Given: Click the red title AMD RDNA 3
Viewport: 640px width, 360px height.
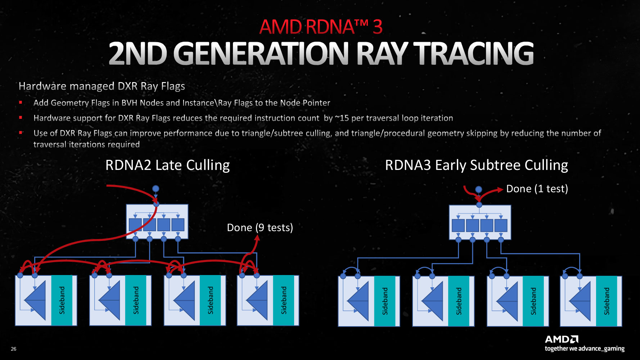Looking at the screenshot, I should point(320,27).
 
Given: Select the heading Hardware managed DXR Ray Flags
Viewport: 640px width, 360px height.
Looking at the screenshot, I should point(102,86).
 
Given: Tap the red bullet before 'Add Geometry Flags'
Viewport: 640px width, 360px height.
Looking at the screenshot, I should point(21,103).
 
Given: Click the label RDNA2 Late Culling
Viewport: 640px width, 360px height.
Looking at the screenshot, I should point(167,165).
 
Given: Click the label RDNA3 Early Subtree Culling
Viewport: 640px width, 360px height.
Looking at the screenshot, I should point(476,165).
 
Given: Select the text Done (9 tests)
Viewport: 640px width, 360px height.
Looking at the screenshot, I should point(260,228).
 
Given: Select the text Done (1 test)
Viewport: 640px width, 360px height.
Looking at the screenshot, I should point(537,189).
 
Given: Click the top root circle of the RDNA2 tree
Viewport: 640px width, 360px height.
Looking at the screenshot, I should point(156,189).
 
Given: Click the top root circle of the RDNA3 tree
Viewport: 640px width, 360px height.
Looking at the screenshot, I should point(478,189).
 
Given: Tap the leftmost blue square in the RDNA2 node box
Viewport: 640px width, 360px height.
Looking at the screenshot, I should point(135,225).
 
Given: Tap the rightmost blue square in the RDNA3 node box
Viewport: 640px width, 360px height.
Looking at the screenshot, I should point(501,225).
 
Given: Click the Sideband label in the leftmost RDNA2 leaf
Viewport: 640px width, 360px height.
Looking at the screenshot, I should point(62,300).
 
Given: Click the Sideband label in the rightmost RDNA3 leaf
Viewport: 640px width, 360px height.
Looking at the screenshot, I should point(607,301).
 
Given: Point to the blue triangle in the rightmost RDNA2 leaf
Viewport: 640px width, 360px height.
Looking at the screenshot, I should point(258,300).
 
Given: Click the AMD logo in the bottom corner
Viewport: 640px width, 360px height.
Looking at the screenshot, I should point(562,339).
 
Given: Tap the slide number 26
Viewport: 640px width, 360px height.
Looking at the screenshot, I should point(14,349).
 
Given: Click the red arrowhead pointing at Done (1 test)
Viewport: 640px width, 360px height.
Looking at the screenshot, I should point(500,190).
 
